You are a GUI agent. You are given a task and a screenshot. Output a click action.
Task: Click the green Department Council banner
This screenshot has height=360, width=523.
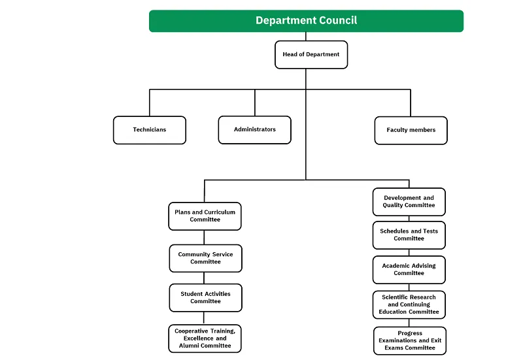point(306,21)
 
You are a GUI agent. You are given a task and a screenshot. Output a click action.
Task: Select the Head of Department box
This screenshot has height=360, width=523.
point(311,55)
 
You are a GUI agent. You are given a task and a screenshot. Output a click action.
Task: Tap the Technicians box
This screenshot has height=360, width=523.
point(149,130)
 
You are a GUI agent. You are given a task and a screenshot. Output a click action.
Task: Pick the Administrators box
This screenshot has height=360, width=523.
point(254,130)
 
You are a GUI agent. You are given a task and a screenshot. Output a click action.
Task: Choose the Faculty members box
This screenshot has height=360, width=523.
point(411,130)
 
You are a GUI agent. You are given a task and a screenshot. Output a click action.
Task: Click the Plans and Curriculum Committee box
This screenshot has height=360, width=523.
point(205,216)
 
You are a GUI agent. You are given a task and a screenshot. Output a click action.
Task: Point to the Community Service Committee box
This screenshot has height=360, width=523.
point(205,258)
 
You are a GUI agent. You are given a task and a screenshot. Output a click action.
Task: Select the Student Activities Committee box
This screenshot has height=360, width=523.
point(205,298)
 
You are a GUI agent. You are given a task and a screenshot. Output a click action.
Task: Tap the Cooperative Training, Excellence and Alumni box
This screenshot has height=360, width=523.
point(204,338)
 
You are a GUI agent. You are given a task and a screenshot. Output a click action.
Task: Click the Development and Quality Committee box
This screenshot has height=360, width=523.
point(409,202)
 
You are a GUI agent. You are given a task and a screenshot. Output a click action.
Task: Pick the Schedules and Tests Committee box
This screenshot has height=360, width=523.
point(409,235)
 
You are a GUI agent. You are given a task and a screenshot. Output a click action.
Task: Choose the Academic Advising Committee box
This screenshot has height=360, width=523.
point(409,270)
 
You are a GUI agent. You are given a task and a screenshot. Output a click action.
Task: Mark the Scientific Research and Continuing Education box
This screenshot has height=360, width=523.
point(409,305)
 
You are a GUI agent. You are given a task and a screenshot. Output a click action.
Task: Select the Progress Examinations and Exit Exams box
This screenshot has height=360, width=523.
point(410,340)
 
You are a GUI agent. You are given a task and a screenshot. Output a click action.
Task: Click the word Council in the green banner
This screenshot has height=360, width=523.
point(338,21)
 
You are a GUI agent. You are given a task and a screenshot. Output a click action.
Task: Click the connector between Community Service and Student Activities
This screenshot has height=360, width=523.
point(205,278)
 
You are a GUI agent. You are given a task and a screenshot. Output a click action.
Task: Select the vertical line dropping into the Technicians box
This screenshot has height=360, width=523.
point(150,103)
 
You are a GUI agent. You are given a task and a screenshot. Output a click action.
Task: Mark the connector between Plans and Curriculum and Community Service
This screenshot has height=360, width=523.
point(205,237)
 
